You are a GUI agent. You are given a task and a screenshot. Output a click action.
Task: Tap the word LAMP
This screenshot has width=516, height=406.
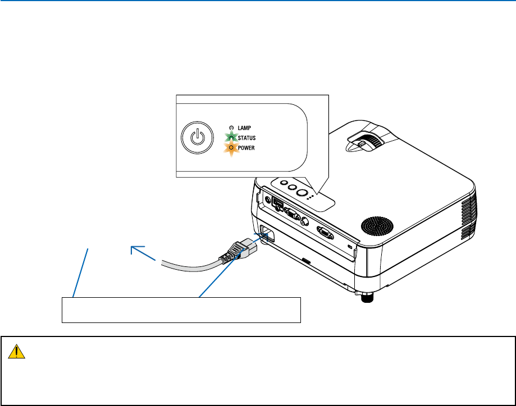[x=244, y=128]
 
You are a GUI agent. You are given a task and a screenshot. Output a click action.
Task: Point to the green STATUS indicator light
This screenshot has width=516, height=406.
[x=230, y=137]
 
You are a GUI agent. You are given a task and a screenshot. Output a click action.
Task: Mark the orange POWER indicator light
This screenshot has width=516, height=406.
[x=230, y=148]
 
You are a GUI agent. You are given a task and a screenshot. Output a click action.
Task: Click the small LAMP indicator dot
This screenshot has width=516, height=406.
[x=230, y=128]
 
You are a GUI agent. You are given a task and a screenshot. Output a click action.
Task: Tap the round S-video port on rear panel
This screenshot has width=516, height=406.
[x=305, y=220]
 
